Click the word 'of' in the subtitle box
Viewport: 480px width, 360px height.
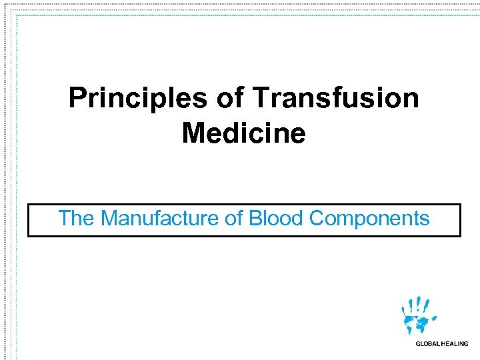[234, 219]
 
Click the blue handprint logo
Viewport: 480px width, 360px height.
[418, 317]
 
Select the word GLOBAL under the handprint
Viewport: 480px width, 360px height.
[429, 344]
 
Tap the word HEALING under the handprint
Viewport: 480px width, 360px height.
[456, 344]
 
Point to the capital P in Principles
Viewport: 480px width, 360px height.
[77, 99]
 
